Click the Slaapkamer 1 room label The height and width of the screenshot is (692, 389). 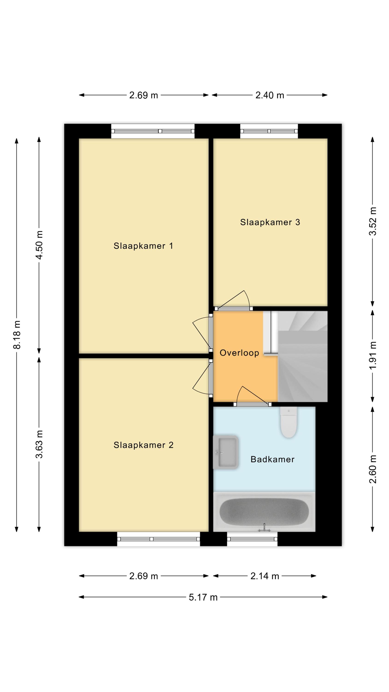(143, 246)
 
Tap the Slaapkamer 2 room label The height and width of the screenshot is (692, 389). (143, 445)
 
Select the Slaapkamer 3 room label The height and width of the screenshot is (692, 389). (270, 222)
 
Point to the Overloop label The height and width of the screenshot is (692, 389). (239, 353)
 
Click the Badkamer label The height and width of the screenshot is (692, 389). (272, 459)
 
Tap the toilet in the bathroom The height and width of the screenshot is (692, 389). (289, 422)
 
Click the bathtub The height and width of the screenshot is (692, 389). (264, 512)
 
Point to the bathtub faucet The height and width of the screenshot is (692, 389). (264, 528)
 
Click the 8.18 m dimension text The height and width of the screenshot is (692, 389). (17, 335)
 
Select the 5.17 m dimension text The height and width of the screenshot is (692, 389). (203, 597)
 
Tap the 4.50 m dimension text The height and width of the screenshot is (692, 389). (39, 245)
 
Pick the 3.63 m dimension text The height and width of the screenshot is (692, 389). (39, 444)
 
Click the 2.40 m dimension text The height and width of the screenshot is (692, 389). (270, 95)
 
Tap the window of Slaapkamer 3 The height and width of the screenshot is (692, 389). (269, 131)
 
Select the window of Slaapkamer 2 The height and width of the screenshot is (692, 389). (158, 539)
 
